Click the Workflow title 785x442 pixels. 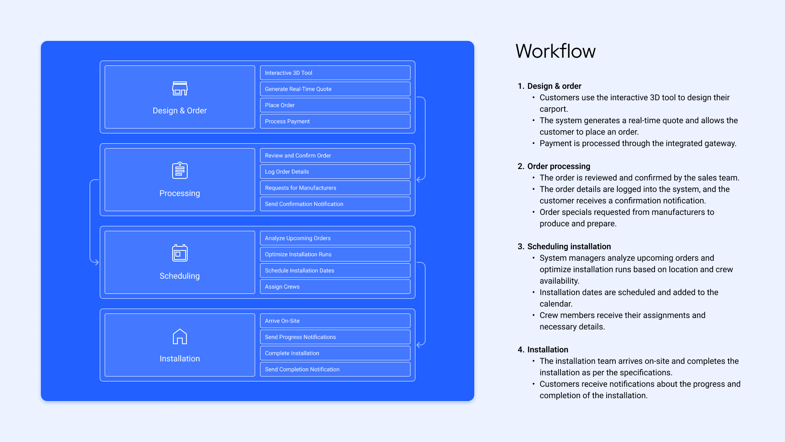[555, 51]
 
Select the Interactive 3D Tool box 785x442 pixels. [335, 73]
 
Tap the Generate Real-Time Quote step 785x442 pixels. [335, 89]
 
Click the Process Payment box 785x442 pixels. [335, 121]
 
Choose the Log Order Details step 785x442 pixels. [335, 171]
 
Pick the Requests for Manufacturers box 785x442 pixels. [335, 188]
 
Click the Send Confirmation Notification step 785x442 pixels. [335, 204]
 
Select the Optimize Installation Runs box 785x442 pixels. [335, 254]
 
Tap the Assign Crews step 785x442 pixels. [335, 286]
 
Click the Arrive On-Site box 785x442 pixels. [335, 321]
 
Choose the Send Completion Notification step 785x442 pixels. [335, 369]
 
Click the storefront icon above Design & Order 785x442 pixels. [180, 88]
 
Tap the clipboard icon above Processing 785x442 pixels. [180, 170]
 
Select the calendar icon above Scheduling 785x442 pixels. [180, 253]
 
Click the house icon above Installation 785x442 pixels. [180, 336]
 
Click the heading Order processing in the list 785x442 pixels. [558, 166]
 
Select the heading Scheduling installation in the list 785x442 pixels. [569, 246]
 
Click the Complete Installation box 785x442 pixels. [335, 353]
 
